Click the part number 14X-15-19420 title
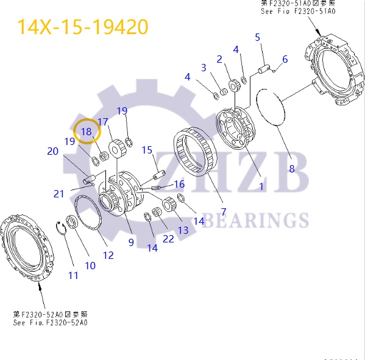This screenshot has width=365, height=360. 82,27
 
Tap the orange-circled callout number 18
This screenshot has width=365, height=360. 86,131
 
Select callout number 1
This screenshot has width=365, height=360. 261,186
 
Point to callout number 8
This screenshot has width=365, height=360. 291,168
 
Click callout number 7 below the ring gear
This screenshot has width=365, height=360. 224,212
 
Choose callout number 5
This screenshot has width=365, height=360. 258,38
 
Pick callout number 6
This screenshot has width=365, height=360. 285,60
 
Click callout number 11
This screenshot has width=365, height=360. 73,275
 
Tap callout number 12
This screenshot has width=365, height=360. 108,255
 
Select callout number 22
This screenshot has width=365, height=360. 168,239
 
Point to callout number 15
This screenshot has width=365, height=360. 147,150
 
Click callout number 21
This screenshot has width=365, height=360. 58,194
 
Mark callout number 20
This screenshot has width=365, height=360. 53,151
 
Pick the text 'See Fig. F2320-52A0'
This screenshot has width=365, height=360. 50,322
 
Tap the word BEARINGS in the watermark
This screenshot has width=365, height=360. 255,220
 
